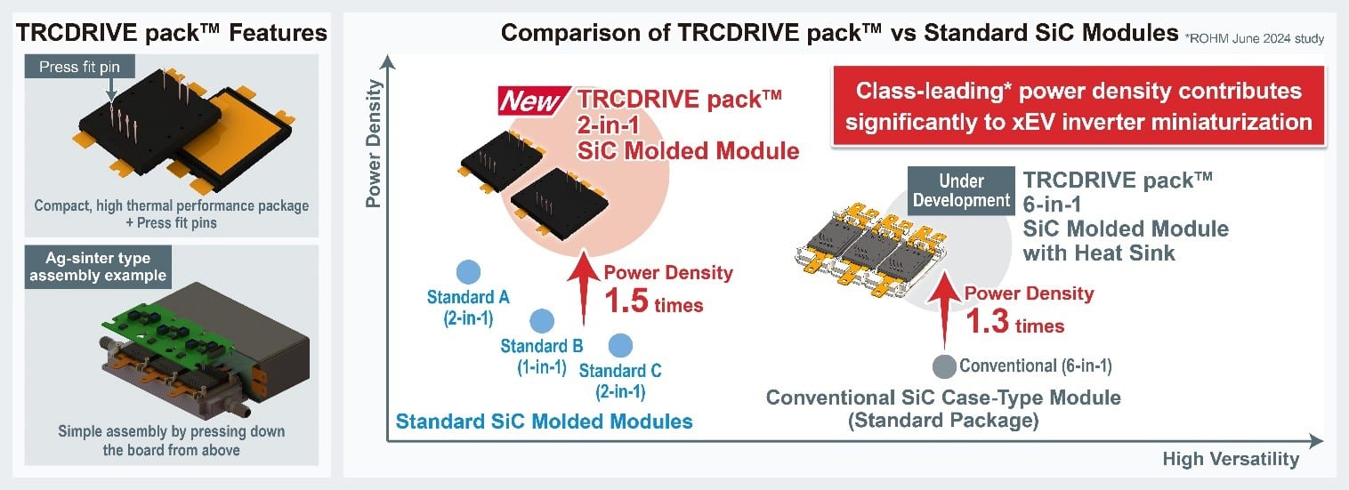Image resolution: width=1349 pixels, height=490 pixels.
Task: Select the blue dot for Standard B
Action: (541, 321)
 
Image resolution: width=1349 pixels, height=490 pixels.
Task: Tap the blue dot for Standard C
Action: (619, 345)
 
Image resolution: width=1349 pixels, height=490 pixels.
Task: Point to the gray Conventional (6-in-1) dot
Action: (943, 365)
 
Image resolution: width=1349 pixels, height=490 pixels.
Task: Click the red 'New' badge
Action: (530, 101)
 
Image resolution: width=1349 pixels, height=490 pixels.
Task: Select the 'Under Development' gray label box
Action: (962, 189)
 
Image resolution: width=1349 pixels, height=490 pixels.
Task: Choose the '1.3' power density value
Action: (989, 322)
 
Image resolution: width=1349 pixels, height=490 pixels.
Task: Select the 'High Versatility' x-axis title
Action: (1230, 459)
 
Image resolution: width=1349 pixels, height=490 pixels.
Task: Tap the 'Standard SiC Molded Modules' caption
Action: (544, 421)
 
